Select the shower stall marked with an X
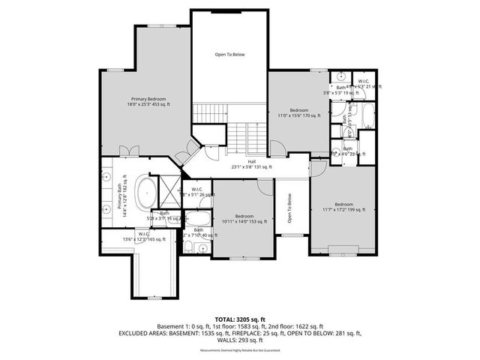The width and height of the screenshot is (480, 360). pos(170,186)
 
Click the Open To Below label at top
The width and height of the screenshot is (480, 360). pos(229,55)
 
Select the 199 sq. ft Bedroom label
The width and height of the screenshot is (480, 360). pos(343,207)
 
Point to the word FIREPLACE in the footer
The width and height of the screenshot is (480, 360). pos(280,334)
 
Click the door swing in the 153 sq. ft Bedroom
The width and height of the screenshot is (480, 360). pos(264,187)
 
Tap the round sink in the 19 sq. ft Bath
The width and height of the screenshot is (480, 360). pos(340,76)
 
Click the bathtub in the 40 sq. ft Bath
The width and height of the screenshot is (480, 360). pos(200,220)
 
